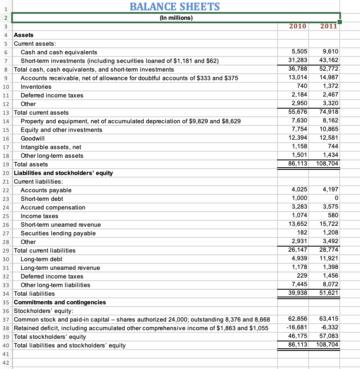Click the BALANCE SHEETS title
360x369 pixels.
[175, 6]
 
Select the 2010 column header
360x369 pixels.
[297, 26]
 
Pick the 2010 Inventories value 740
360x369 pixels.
[301, 87]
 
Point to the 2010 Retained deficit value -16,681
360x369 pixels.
[297, 328]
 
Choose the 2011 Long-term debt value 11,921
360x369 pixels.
[328, 259]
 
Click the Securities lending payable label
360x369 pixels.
[58, 233]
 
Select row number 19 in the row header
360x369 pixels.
[6, 164]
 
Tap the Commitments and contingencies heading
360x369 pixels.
[60, 302]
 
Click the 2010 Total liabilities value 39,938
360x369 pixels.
[297, 294]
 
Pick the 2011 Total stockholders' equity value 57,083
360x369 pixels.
[328, 337]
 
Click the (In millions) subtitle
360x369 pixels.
[176, 18]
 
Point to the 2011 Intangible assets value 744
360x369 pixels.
[332, 147]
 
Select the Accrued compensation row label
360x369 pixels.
[53, 207]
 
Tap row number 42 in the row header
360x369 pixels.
[6, 363]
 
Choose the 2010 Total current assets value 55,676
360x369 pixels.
[297, 113]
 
